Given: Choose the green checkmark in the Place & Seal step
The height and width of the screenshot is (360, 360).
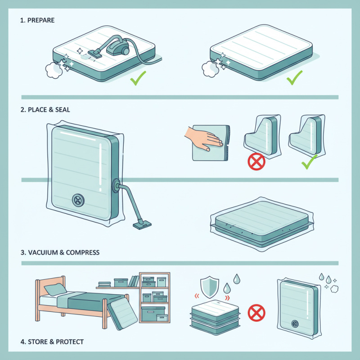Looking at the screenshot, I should coord(308,162).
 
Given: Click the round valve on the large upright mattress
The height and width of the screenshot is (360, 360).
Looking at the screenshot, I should coord(79,200).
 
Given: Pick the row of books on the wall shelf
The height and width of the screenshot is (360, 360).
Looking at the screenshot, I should coord(134,281).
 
